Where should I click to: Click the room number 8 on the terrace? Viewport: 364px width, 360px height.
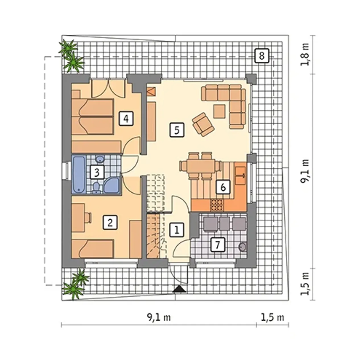261,56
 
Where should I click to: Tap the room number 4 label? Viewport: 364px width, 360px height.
126,118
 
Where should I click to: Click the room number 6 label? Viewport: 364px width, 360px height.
223,187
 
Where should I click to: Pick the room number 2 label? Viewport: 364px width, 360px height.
110,223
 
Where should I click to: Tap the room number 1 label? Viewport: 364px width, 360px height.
177,230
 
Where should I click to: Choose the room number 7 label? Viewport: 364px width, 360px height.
218,245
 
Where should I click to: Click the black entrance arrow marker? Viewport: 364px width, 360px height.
179,289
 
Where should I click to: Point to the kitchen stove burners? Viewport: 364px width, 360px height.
217,205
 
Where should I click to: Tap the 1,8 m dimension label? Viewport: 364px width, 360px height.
304,54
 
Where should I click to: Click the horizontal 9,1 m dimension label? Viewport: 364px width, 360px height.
159,318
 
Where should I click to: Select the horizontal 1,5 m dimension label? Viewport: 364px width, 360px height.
272,318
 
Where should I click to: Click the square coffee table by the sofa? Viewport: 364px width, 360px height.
220,111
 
